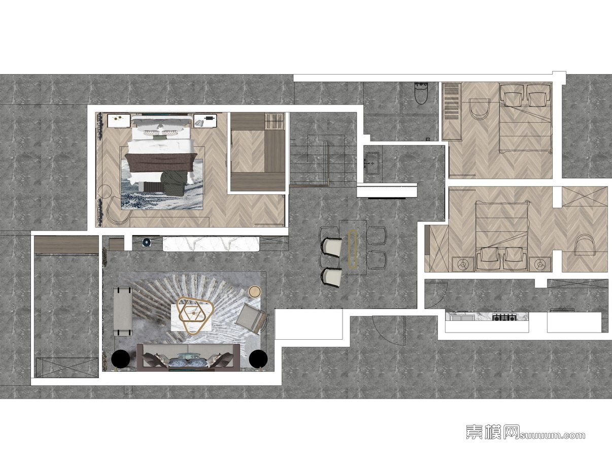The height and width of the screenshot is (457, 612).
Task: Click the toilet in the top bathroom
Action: pyautogui.click(x=421, y=93)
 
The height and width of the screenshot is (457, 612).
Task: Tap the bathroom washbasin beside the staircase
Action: pyautogui.click(x=371, y=163)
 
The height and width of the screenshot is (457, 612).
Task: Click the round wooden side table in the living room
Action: pyautogui.click(x=255, y=292)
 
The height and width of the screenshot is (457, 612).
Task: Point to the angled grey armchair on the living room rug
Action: pyautogui.click(x=251, y=318)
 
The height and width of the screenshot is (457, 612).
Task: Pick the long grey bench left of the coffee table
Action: pyautogui.click(x=123, y=311)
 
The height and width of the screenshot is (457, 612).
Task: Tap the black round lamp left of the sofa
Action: pyautogui.click(x=120, y=359)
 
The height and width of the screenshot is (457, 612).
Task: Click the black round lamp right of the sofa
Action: pyautogui.click(x=258, y=359)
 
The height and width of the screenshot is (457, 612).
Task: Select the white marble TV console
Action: pyautogui.click(x=211, y=244)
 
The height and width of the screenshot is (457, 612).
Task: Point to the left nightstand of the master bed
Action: pyautogui.click(x=119, y=121)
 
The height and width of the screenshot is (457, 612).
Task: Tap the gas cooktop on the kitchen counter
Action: pyautogui.click(x=504, y=317)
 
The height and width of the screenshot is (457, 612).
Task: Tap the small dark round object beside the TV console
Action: pyautogui.click(x=146, y=242)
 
